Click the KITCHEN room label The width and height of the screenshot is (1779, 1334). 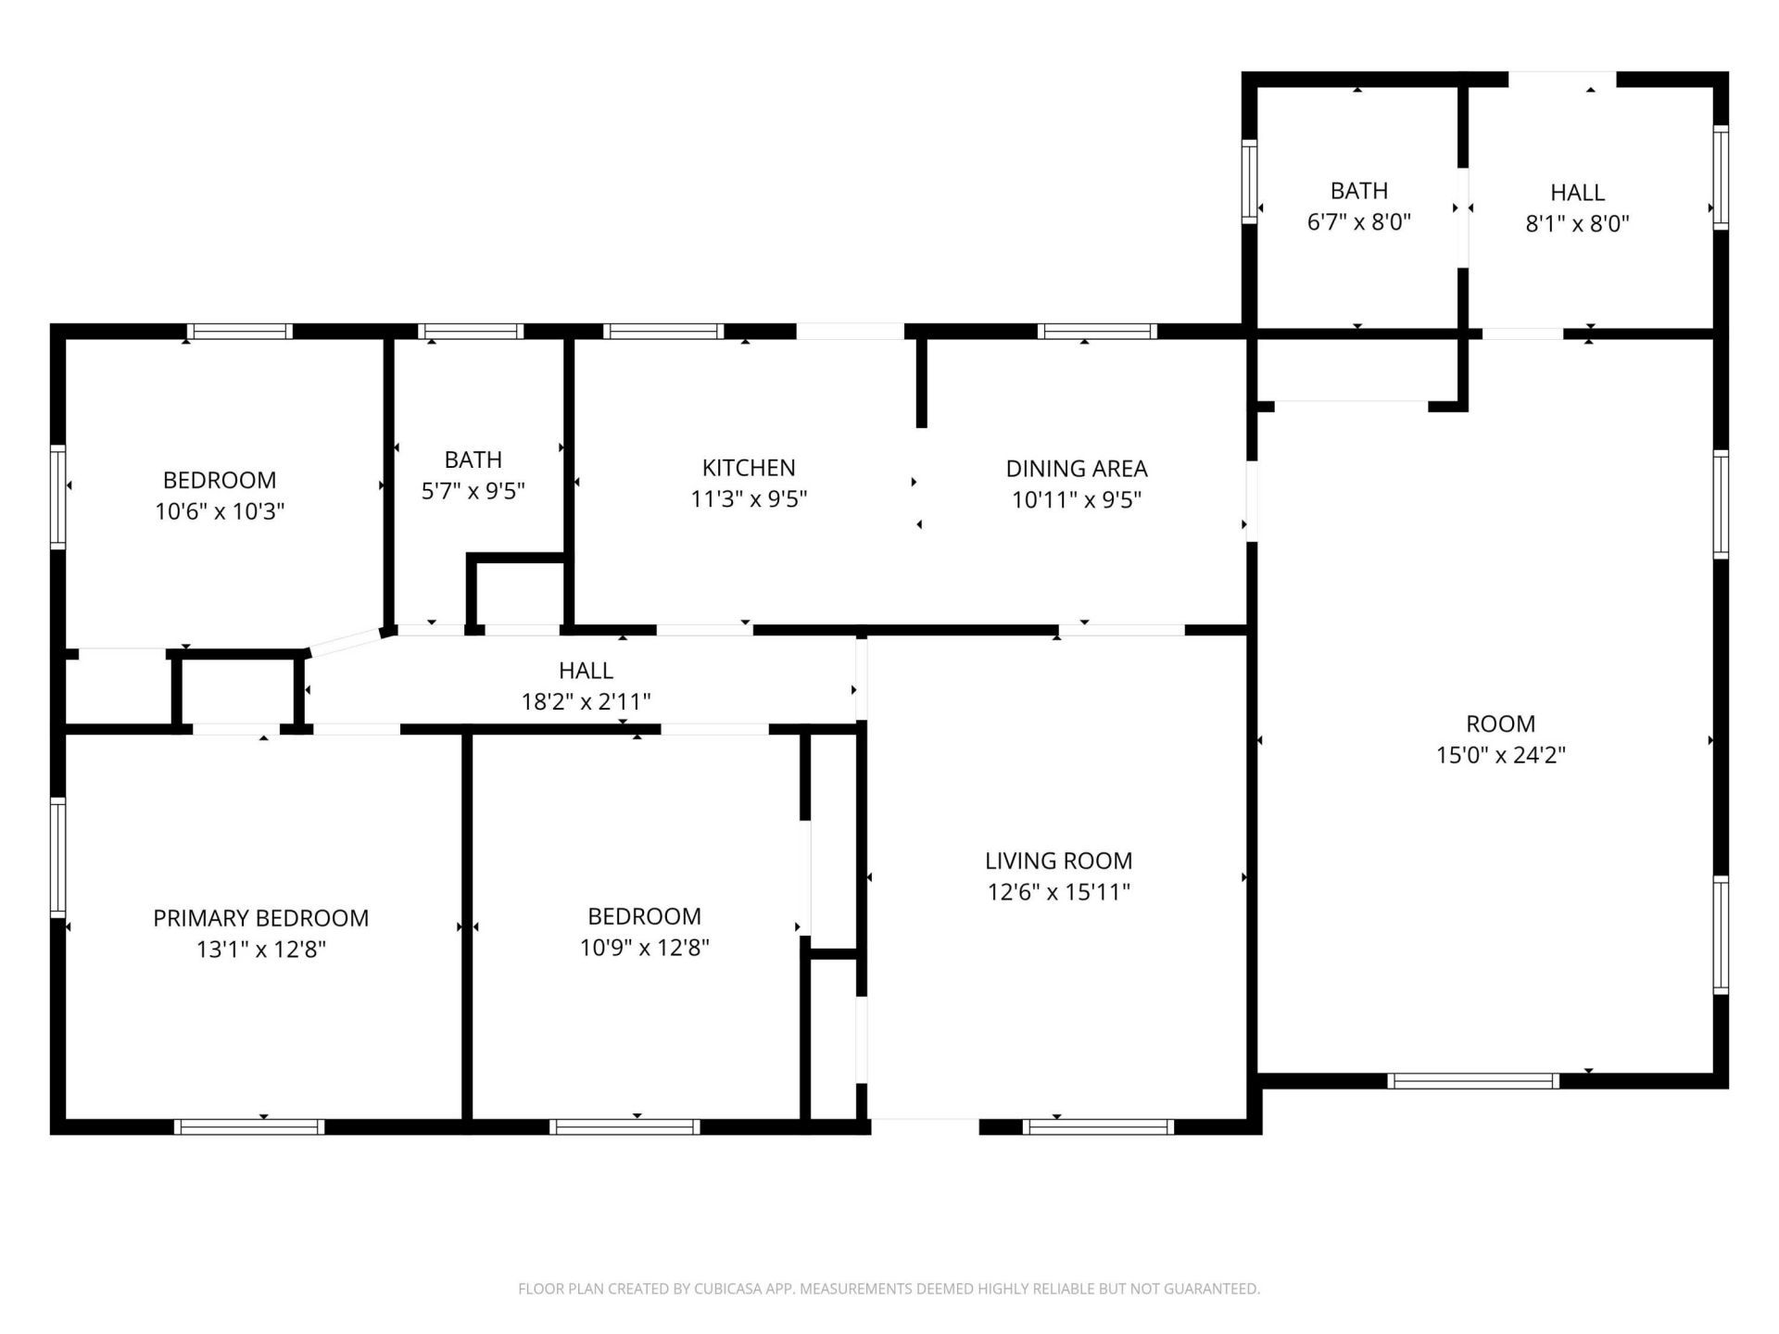[749, 468]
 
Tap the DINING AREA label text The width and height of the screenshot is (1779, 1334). [1077, 469]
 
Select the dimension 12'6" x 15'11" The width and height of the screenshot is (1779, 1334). [1058, 892]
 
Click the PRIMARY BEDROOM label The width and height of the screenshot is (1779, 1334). [260, 918]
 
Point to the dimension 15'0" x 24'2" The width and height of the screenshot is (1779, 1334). [1500, 755]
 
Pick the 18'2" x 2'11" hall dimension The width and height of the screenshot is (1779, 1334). [586, 701]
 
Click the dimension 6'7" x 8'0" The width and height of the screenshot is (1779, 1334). [1358, 222]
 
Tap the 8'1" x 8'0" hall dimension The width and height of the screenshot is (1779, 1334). [1577, 224]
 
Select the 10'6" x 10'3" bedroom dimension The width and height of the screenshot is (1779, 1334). [220, 511]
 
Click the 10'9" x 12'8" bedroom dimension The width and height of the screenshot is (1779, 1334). [644, 948]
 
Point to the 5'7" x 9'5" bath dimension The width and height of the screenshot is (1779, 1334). [473, 491]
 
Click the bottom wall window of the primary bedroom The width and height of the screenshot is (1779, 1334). [249, 1126]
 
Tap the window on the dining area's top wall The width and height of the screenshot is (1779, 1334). [1097, 332]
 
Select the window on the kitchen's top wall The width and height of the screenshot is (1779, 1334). [662, 332]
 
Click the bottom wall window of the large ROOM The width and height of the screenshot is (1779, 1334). [1473, 1080]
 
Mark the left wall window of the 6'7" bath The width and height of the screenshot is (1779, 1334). [1249, 182]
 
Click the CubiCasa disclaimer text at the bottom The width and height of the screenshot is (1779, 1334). [889, 1289]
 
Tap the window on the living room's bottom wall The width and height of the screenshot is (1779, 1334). [1098, 1126]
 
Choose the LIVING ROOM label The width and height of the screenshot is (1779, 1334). [1058, 861]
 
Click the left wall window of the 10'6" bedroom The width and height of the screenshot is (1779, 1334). [57, 497]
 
